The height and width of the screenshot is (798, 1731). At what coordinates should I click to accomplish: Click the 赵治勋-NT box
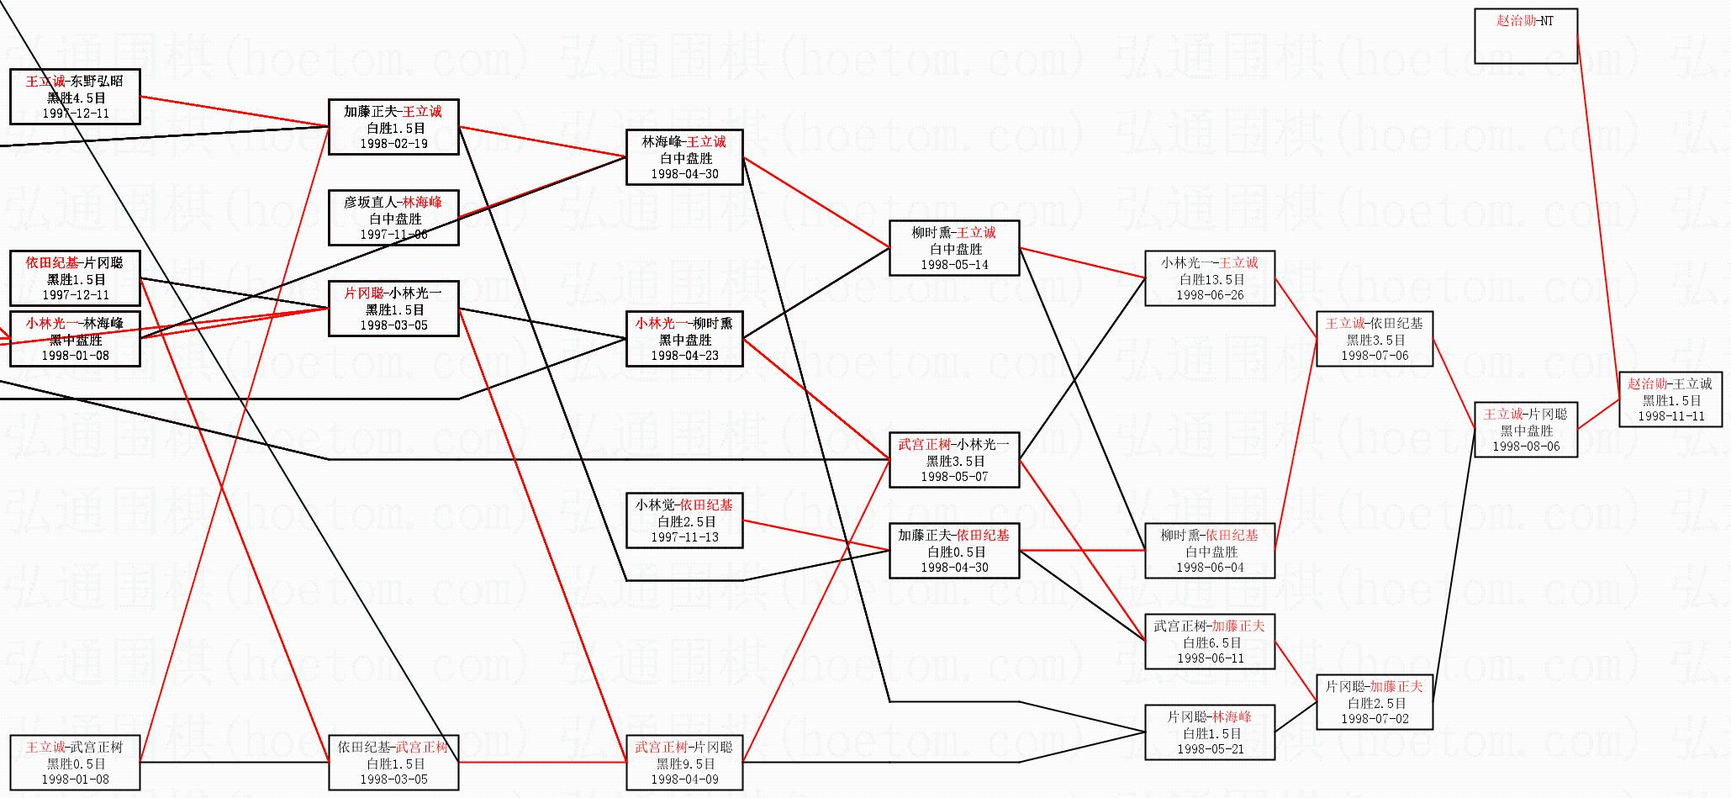coord(1525,35)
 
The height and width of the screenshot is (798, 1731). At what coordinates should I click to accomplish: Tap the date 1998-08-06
coord(1526,447)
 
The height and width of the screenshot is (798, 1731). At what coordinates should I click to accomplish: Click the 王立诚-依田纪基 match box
coord(1374,339)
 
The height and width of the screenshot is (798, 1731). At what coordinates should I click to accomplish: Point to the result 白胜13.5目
coord(1210,279)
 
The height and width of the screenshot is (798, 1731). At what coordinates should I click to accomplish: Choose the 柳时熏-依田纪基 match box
coord(1209,551)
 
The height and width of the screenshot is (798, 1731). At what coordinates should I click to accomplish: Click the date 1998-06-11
coord(1210,658)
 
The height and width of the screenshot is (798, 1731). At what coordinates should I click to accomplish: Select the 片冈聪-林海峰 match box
coord(1209,732)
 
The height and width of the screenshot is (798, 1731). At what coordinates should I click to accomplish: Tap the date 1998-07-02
coord(1374,719)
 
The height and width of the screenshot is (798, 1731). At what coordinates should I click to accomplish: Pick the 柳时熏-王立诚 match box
coord(953,248)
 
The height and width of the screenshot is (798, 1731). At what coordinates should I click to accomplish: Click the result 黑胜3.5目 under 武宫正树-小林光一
coord(954,461)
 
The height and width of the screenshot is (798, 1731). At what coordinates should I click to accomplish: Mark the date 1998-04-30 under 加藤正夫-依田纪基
coord(954,568)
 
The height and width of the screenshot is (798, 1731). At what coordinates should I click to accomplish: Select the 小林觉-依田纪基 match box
coord(684,521)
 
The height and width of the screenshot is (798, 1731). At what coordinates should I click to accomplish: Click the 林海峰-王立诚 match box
coord(684,157)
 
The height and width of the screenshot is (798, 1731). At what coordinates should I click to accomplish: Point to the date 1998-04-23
coord(684,356)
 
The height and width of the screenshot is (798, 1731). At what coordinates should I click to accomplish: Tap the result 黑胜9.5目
coord(684,764)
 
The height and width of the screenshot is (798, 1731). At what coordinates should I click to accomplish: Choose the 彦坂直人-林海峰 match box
coord(393,218)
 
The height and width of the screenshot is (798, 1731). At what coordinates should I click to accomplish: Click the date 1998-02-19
coord(393,144)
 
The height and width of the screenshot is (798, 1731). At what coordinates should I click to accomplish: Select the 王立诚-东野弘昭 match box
coord(75,97)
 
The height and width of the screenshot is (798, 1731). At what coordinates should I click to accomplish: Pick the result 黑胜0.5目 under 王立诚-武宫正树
coord(76,764)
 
